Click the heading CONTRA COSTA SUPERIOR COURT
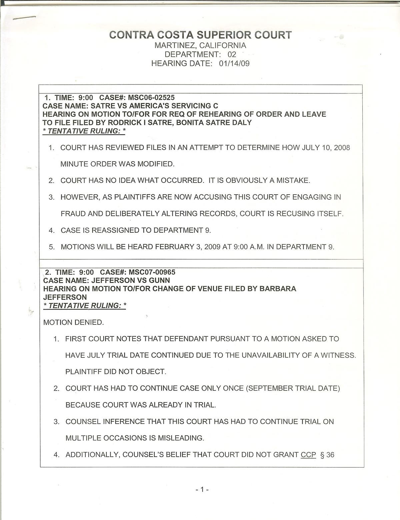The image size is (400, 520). coord(200,35)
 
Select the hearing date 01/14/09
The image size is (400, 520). coord(234,63)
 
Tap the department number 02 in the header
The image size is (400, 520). coord(232,54)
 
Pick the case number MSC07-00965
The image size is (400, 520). coord(152,272)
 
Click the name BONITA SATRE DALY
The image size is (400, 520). coord(214,122)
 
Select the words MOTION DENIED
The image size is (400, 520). coord(74,322)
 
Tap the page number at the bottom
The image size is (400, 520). coord(202,490)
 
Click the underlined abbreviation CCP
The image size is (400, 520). coord(308,455)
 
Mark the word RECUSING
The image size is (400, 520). coord(295,214)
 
